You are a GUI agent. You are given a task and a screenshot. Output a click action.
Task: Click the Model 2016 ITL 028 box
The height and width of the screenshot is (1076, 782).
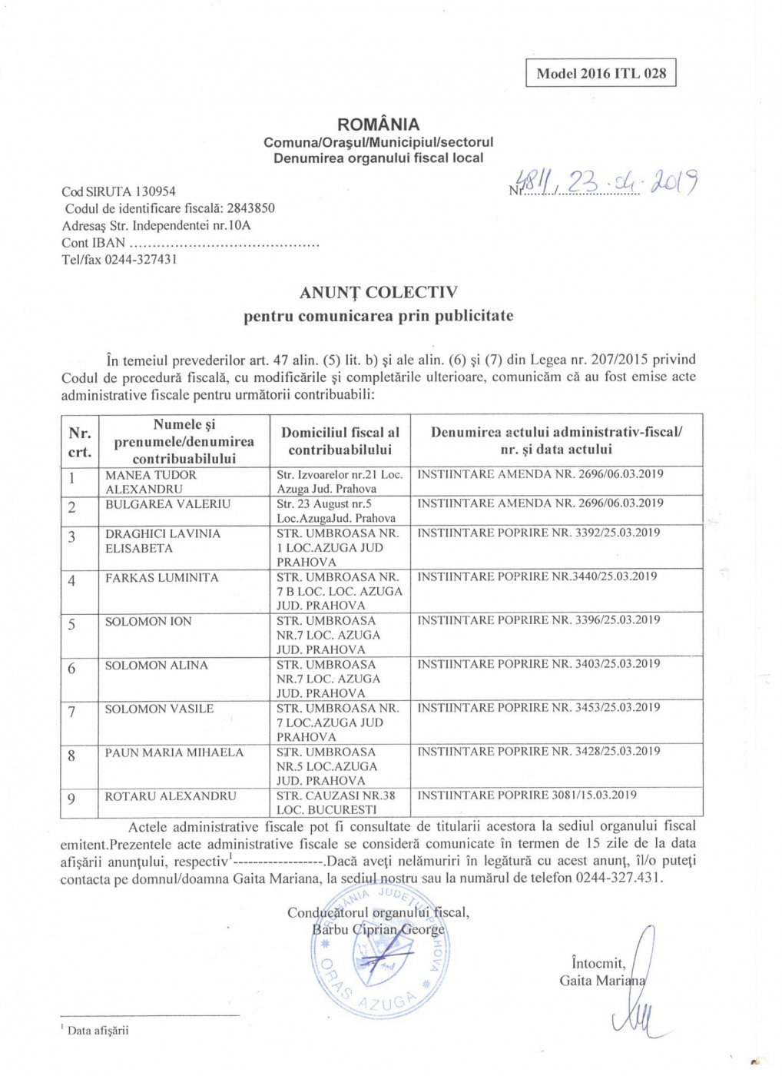(x=601, y=74)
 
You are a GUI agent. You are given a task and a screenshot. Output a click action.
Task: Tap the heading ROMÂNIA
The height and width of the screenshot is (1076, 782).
(x=378, y=125)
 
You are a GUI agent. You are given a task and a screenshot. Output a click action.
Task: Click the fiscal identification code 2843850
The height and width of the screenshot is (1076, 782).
(x=250, y=208)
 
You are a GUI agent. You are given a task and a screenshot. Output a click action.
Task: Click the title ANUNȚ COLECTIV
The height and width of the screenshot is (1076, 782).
(x=378, y=293)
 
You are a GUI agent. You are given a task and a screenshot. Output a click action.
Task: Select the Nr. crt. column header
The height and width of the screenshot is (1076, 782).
(x=80, y=442)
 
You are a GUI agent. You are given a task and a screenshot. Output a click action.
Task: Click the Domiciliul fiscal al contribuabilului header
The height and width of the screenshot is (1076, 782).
(x=340, y=441)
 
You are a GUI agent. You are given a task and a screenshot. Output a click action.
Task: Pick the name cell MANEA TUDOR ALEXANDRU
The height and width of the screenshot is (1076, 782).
(x=151, y=482)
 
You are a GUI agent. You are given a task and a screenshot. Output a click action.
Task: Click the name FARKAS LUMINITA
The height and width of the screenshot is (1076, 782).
(x=161, y=578)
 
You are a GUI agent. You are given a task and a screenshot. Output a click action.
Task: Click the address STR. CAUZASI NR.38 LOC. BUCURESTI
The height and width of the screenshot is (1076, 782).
(x=336, y=802)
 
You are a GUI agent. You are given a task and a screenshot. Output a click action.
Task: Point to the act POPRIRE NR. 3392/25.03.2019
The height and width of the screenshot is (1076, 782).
(x=538, y=533)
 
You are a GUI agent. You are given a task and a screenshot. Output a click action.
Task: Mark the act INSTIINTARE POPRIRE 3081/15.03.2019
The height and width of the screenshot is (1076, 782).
(x=526, y=795)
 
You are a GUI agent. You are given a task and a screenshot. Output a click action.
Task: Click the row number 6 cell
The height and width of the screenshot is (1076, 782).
(x=72, y=669)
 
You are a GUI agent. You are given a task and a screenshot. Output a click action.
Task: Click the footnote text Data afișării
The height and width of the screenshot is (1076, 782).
(x=98, y=1031)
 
